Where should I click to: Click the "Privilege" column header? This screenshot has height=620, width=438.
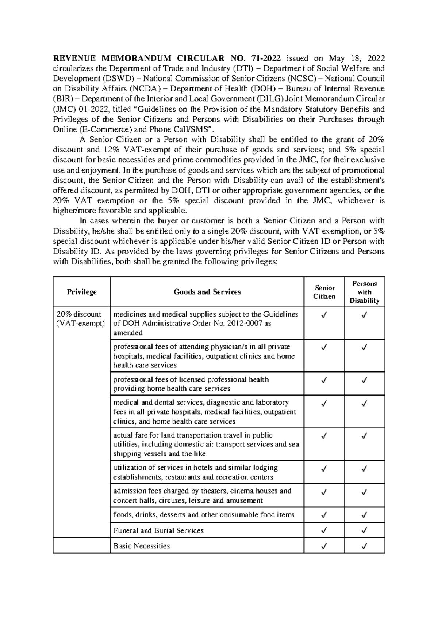click(82, 292)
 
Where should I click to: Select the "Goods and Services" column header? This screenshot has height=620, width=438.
click(207, 292)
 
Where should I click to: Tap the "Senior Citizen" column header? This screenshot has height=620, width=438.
click(324, 292)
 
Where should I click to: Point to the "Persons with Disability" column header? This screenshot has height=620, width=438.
click(364, 292)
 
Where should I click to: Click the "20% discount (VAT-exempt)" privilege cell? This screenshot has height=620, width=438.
click(79, 319)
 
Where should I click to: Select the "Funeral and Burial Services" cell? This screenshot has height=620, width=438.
click(158, 530)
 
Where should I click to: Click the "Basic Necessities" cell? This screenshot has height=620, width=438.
click(142, 546)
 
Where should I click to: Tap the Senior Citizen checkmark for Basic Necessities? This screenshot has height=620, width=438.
click(324, 546)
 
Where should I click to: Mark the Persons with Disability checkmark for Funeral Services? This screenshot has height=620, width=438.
click(364, 530)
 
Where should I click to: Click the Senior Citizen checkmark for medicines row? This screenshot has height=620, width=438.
click(324, 315)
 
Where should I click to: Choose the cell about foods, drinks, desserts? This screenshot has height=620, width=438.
click(204, 515)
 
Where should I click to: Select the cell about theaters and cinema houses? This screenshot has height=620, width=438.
click(202, 496)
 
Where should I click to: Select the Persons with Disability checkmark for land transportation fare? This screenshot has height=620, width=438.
click(364, 436)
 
